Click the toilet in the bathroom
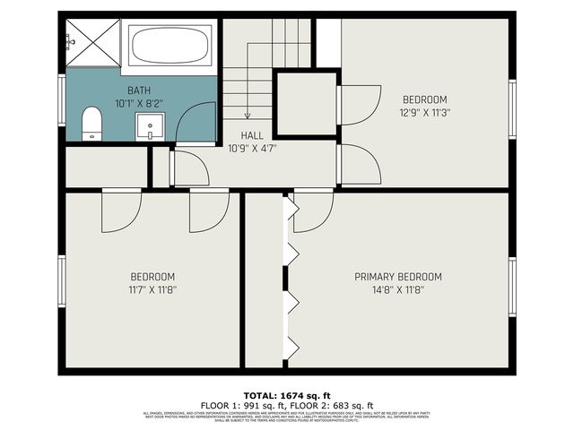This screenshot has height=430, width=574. (x=92, y=124)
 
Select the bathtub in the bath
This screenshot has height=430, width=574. (x=170, y=46)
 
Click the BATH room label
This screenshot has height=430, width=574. (x=139, y=90)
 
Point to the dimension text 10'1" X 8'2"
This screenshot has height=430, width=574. (x=139, y=103)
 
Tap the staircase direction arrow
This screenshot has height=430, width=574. (x=248, y=108)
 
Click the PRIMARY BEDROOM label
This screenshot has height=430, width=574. (x=397, y=277)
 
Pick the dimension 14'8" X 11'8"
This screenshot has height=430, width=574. (x=397, y=289)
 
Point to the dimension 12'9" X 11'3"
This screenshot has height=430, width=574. (x=424, y=113)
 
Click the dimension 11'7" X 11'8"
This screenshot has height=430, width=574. (x=152, y=289)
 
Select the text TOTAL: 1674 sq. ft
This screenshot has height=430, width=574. (x=287, y=395)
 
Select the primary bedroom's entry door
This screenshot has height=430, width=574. (x=314, y=211)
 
